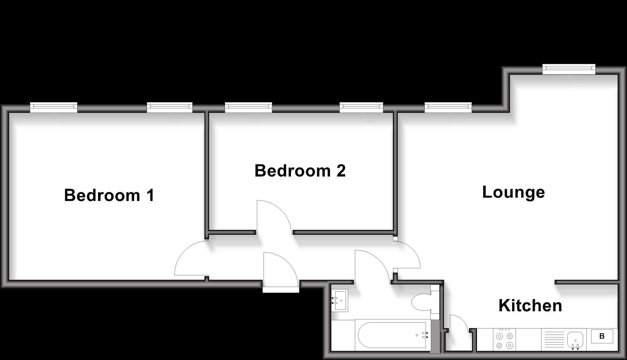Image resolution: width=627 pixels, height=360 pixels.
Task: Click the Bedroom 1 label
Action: (109, 195)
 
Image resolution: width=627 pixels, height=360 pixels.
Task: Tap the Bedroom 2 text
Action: (300, 171)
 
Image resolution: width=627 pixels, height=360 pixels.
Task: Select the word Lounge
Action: (513, 193)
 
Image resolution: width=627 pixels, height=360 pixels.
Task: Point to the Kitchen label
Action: (530, 306)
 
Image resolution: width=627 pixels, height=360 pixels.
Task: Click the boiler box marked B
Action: (602, 336)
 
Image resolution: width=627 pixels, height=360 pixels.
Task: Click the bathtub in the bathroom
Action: (392, 335)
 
